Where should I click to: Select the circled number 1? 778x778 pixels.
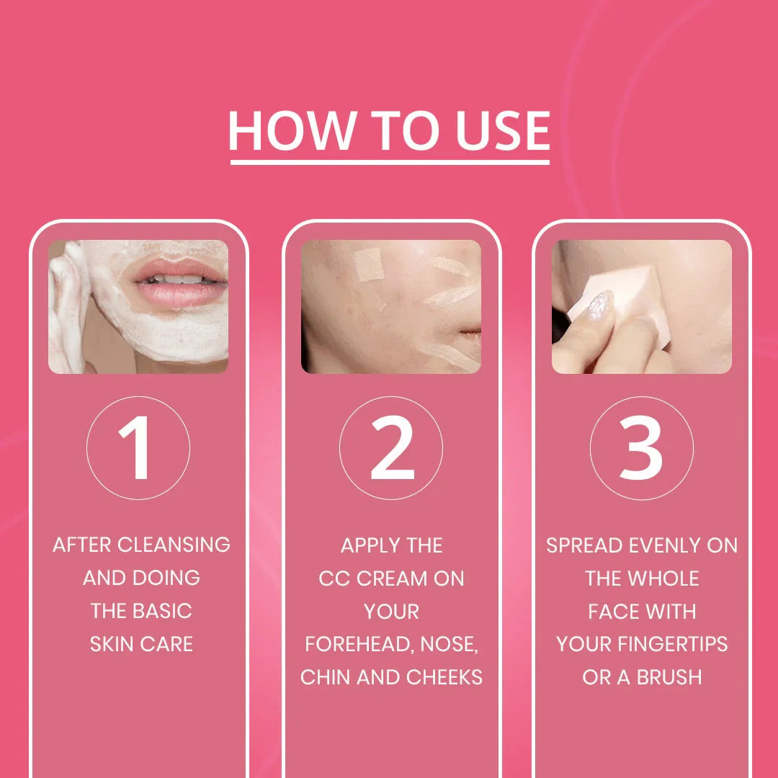[137, 447]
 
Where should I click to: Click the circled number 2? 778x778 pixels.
[390, 447]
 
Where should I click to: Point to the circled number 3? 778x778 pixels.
[641, 447]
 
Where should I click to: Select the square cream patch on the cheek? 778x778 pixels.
[370, 264]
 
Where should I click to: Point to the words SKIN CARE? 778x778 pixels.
[141, 644]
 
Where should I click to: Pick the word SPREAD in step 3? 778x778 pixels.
[584, 545]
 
